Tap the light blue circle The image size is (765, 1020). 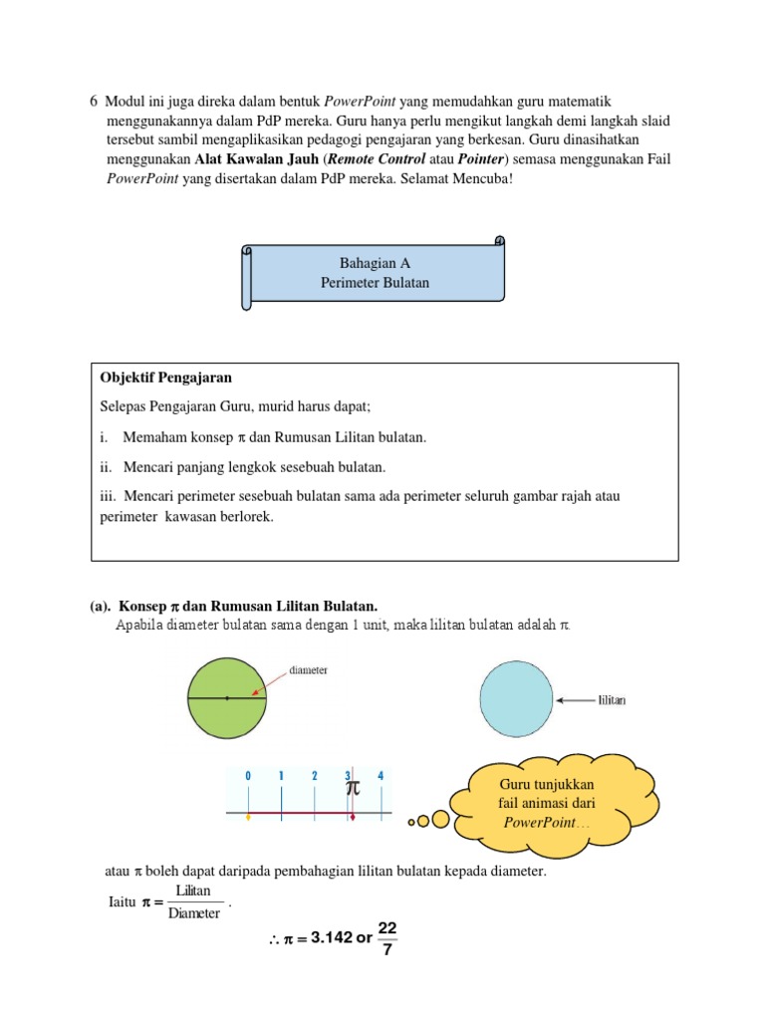click(x=516, y=699)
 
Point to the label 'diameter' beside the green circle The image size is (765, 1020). click(x=308, y=670)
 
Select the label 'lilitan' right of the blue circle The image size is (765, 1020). click(x=612, y=700)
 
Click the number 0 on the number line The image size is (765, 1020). click(x=248, y=775)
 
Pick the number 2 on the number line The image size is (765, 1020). click(x=314, y=775)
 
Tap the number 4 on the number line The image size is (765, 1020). click(x=380, y=775)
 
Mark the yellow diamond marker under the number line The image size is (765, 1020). click(x=248, y=815)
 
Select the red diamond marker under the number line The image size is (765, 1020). click(x=352, y=815)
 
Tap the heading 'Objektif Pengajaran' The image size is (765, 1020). click(x=166, y=379)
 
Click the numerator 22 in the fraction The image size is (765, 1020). click(x=387, y=927)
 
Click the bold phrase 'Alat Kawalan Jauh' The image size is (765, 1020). click(x=257, y=158)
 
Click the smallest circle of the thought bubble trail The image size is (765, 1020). click(x=412, y=822)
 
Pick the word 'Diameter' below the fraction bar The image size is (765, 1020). click(x=193, y=913)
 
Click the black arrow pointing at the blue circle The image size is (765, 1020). click(x=574, y=700)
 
